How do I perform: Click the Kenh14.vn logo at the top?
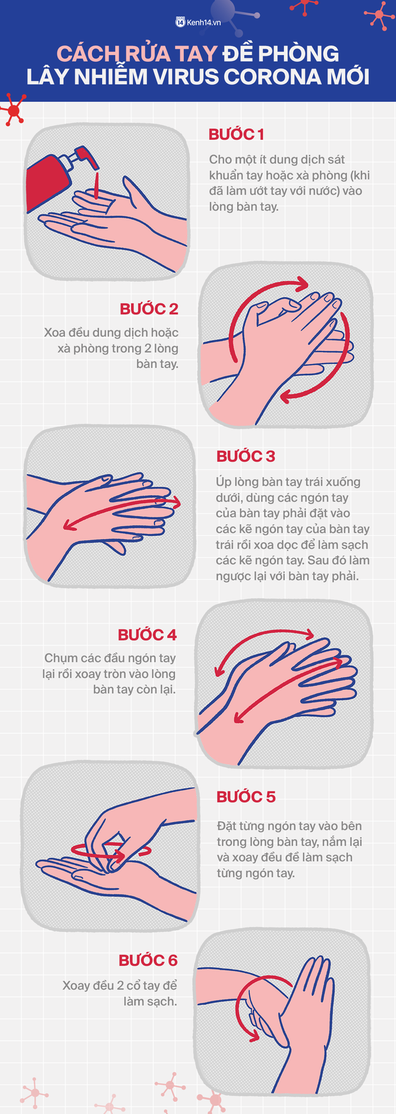coord(198,22)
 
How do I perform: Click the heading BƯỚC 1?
coord(236,135)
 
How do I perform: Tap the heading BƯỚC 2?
coord(149,309)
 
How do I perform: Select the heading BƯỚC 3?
coord(246,456)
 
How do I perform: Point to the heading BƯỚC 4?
coord(147,635)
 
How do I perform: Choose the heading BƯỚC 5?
coord(246,797)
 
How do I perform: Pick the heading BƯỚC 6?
coord(148,961)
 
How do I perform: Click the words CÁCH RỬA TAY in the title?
coord(137,54)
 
